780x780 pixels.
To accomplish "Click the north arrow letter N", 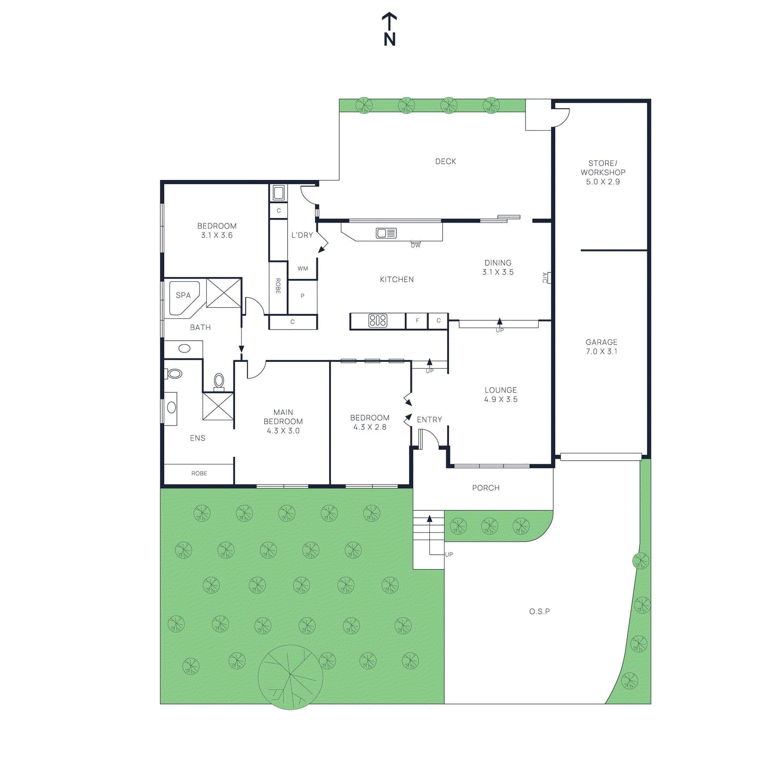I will pos(390,39).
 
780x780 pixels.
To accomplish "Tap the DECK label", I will pos(445,161).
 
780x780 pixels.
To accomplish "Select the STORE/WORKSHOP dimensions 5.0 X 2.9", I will pos(603,182).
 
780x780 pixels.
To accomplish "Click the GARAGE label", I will pos(601,342).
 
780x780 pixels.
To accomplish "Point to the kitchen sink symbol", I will pos(386,234).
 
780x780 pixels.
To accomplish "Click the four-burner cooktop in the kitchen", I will pos(378,320).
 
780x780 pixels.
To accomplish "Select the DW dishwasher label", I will pos(415,245).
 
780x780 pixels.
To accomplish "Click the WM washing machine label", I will pos(303,269).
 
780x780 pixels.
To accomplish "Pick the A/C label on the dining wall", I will pos(545,278).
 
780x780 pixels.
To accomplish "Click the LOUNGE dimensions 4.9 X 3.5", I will pos(501,399).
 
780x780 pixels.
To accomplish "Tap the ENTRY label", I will pos(429,420).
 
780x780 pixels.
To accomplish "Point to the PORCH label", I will pos(486,488).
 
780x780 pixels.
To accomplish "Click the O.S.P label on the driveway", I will pos(539,611).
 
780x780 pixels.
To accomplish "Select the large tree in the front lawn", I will pos(290,677).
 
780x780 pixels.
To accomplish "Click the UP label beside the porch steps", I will pos(449,554).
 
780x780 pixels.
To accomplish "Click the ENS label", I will pos(197,438).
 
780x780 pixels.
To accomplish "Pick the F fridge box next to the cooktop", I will pos(417,321).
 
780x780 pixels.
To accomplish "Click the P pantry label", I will pos(302,296).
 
